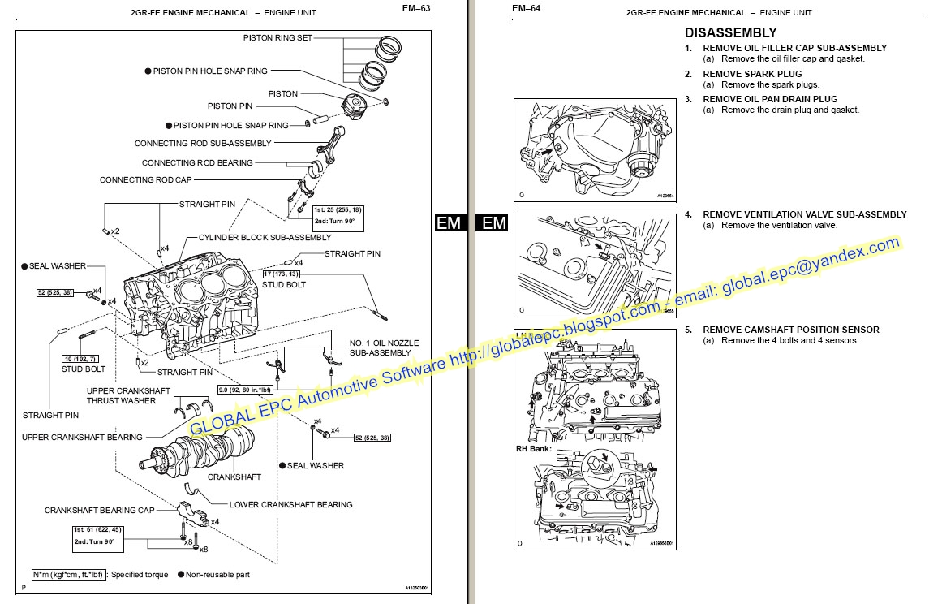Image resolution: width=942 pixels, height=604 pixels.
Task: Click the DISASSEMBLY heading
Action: (x=730, y=33)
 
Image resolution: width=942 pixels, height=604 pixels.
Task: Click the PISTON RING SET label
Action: (x=277, y=38)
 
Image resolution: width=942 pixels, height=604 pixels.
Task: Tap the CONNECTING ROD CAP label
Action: (x=145, y=180)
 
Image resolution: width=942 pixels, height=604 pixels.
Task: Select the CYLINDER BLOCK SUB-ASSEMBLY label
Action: (x=265, y=238)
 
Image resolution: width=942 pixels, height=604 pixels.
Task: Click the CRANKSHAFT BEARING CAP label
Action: (x=99, y=511)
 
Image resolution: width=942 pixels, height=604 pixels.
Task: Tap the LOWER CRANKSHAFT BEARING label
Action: (x=290, y=504)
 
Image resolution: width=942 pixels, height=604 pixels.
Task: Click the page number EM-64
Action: (x=526, y=9)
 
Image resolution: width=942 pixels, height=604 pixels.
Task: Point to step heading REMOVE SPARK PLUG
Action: (x=751, y=74)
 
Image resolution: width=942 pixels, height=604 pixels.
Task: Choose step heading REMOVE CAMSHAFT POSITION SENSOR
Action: (x=790, y=330)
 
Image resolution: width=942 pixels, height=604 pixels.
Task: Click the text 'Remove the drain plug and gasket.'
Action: (x=789, y=110)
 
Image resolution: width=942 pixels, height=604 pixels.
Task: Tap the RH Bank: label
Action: (x=533, y=448)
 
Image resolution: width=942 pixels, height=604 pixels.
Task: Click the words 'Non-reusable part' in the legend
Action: (x=217, y=575)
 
